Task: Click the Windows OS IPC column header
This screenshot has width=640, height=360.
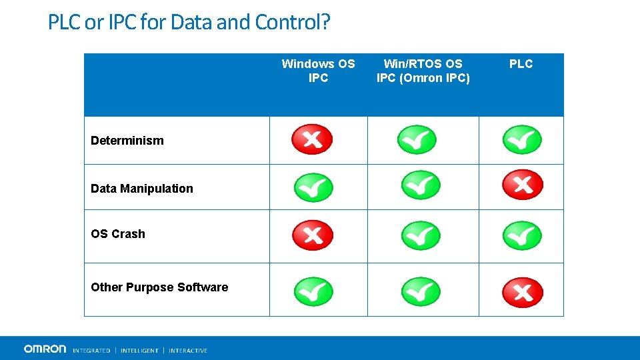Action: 318,71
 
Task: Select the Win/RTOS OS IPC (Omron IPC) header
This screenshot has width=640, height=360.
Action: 423,71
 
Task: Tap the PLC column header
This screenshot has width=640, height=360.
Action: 521,64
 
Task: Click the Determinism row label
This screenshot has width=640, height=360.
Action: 127,141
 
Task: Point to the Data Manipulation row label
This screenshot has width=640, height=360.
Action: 141,189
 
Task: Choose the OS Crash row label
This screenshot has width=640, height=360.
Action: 117,234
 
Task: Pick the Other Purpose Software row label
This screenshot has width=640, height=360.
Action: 159,287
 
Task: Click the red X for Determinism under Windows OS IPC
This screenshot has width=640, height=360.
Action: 312,139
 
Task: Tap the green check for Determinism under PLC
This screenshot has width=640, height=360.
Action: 522,140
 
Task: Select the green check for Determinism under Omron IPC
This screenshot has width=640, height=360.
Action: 417,140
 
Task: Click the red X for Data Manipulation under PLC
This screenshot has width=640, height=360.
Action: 522,185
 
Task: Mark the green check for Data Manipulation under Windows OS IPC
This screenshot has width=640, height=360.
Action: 313,187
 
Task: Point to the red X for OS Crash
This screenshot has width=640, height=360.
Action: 312,235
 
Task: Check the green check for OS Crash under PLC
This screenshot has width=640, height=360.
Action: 522,235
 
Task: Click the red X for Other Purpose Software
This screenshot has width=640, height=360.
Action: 522,292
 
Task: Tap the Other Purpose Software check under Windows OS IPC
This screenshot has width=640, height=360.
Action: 313,291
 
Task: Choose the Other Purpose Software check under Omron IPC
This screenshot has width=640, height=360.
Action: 421,291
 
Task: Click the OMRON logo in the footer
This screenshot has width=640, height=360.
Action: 45,349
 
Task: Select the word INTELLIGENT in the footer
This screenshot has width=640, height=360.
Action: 139,351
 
